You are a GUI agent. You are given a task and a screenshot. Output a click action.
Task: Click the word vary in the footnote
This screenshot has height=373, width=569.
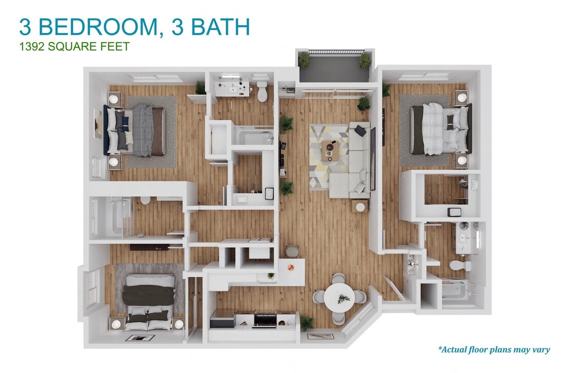click(540, 350)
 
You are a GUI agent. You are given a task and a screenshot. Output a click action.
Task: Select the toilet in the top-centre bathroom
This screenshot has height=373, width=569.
click(262, 92)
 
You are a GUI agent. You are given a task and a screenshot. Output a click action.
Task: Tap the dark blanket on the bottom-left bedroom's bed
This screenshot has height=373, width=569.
click(148, 295)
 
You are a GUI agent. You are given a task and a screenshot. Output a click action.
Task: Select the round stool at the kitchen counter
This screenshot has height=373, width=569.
click(292, 251)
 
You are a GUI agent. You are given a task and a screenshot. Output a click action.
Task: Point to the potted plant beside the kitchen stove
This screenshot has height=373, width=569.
click(306, 323)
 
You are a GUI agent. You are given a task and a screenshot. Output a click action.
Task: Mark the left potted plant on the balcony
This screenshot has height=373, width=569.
click(304, 59)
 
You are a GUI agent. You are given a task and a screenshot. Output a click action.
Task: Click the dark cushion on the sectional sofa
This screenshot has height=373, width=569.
click(360, 131)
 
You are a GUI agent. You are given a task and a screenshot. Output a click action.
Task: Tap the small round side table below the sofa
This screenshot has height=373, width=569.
click(361, 207)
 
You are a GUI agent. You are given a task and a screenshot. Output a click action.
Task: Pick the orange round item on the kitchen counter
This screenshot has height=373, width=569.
click(290, 266)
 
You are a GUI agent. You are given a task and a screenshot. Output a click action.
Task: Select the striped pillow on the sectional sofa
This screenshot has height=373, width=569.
click(361, 187)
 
